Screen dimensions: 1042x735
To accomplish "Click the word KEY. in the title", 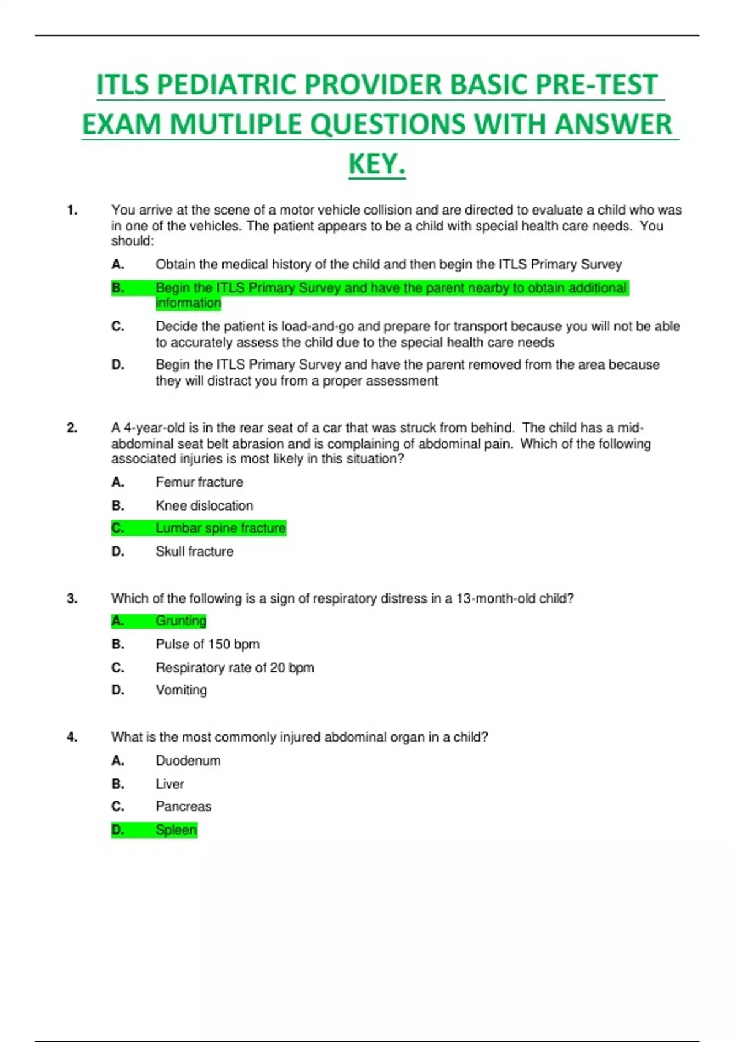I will point(377,164).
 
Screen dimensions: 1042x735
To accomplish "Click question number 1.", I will point(72,210).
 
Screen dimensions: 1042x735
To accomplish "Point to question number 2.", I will point(72,428).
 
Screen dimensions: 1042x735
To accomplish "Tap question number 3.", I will point(72,598).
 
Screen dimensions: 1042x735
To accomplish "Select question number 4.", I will point(72,737).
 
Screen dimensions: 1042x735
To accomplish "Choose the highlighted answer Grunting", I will point(181,621).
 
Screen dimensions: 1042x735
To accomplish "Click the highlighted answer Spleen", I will point(176,830).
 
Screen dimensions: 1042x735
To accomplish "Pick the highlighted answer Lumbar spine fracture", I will point(221,528).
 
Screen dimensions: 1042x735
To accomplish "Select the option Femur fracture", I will point(199,482).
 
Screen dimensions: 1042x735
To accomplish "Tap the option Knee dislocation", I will point(204,506).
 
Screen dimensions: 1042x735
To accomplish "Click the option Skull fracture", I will point(194,552).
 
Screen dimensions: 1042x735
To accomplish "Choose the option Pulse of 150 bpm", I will point(207,644).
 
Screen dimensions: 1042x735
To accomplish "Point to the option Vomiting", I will point(181,690).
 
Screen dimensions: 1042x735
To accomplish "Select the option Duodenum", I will point(187,761).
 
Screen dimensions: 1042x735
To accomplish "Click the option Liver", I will point(170,784).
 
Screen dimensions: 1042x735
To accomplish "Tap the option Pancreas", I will point(183,807).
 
